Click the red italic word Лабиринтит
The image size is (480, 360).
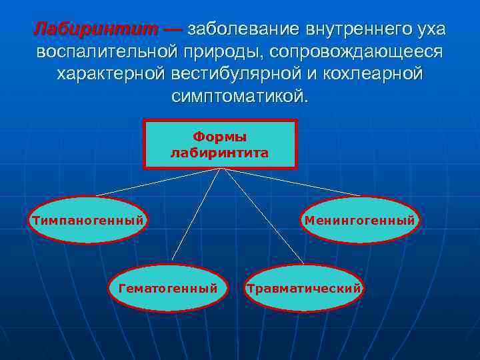pos(96,29)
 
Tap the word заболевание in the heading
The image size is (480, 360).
pos(244,29)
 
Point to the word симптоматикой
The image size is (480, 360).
pos(240,95)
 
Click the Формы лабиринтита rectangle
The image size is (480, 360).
pos(220,144)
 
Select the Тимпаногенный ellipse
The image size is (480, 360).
pos(87,220)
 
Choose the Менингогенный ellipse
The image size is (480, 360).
pos(360,220)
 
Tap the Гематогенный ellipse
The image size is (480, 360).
pos(168,288)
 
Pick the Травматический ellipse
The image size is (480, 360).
pos(304,288)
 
